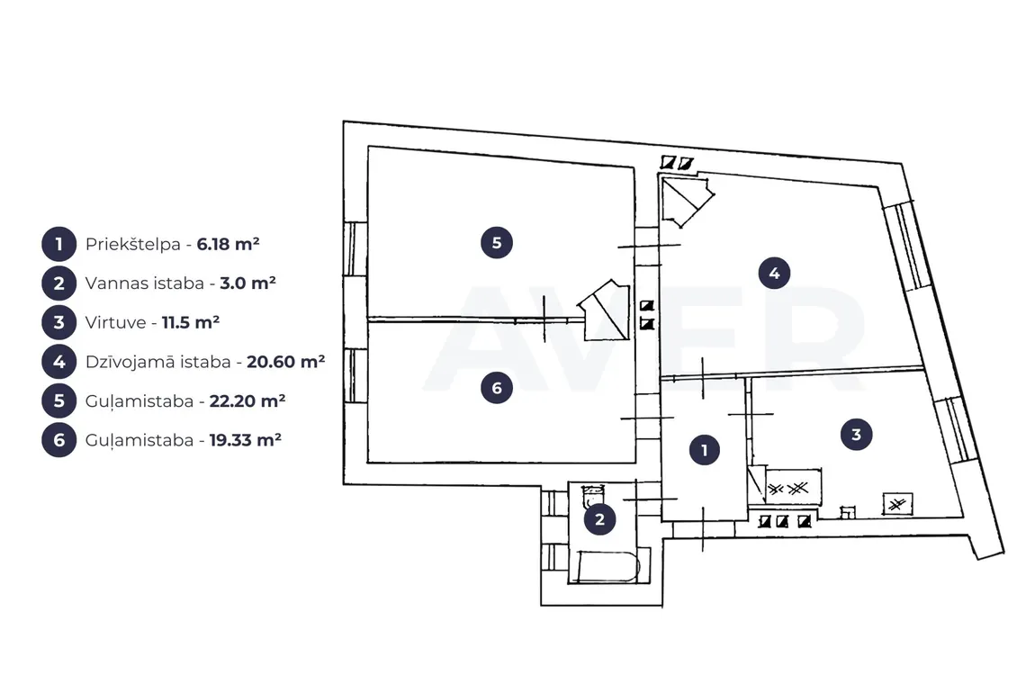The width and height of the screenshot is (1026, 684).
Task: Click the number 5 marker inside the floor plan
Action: click(x=497, y=243)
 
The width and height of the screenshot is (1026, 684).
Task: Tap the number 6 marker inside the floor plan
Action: click(x=497, y=388)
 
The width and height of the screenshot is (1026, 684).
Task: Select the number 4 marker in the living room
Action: click(x=774, y=273)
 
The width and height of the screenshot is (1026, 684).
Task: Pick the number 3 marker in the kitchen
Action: click(x=856, y=434)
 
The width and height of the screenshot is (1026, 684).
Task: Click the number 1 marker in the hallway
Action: click(x=704, y=450)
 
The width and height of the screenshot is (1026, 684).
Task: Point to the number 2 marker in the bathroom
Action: click(x=599, y=519)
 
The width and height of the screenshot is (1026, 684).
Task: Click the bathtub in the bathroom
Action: click(x=607, y=566)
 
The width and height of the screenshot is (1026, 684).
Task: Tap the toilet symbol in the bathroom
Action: click(x=593, y=496)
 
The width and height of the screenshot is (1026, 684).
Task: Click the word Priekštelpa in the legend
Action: click(x=133, y=244)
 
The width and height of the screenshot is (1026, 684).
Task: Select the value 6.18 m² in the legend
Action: click(x=229, y=244)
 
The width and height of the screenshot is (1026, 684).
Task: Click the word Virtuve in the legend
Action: click(x=116, y=323)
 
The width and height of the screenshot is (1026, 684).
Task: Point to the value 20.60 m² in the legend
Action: click(x=286, y=362)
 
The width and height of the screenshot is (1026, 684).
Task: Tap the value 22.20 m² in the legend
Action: click(x=247, y=401)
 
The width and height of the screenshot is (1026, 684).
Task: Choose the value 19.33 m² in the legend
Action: click(x=246, y=440)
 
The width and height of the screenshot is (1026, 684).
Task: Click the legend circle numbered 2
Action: click(x=58, y=283)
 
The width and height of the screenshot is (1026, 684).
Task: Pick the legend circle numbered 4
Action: click(x=58, y=362)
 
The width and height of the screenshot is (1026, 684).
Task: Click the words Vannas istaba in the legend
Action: click(x=145, y=283)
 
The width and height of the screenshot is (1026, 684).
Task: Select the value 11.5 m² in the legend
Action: click(x=191, y=323)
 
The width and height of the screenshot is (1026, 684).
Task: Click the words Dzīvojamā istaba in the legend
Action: click(x=158, y=362)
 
